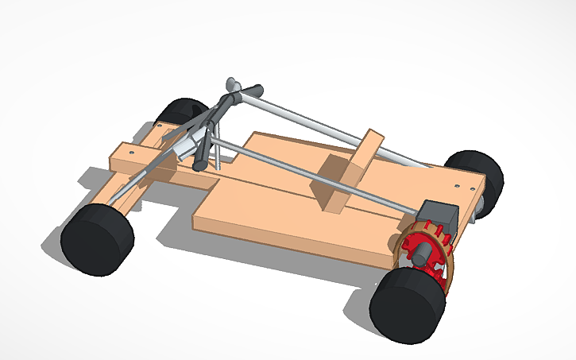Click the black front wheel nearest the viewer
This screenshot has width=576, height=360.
tap(95, 239)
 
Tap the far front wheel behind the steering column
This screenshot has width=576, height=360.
tap(184, 118)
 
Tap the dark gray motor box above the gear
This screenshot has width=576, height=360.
tap(438, 218)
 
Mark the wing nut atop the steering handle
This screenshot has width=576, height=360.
tap(235, 84)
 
